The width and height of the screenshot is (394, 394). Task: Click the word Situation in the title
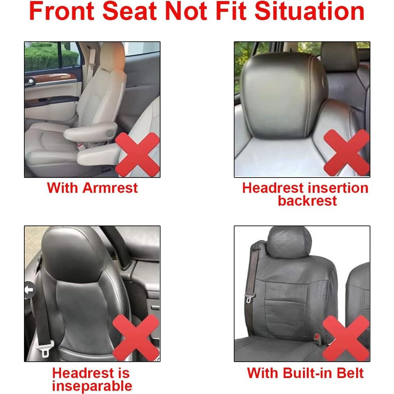click(x=309, y=11)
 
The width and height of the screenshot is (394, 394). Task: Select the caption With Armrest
click(x=92, y=188)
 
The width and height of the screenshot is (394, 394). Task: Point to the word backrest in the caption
click(x=307, y=201)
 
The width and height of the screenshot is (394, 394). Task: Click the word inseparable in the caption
click(x=92, y=386)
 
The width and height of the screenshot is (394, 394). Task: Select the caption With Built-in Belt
click(x=305, y=373)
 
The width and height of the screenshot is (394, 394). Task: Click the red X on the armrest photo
click(x=137, y=155)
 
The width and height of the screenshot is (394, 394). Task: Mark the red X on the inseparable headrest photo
click(x=136, y=337)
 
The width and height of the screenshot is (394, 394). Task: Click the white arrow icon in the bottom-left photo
click(x=30, y=289)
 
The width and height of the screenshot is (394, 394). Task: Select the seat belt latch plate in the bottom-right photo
click(x=249, y=298)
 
